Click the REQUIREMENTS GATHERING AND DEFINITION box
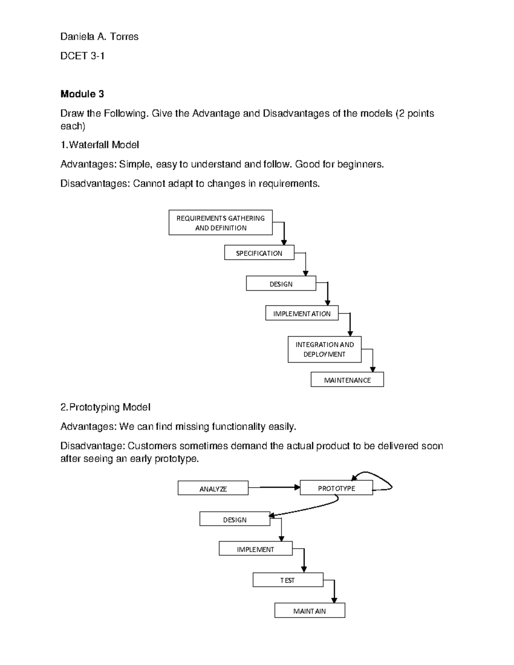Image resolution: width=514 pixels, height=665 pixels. pyautogui.click(x=221, y=223)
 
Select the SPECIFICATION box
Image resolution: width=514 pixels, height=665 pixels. pyautogui.click(x=259, y=253)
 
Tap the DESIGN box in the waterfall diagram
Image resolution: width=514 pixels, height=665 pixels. pyautogui.click(x=281, y=284)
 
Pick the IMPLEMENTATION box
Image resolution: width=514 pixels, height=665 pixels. pyautogui.click(x=302, y=313)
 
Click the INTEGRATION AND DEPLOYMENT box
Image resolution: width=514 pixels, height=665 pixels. pyautogui.click(x=324, y=349)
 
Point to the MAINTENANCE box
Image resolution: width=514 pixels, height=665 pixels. pyautogui.click(x=347, y=380)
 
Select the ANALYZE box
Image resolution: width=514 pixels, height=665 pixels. pyautogui.click(x=213, y=489)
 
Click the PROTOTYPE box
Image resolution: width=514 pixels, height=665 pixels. pyautogui.click(x=336, y=488)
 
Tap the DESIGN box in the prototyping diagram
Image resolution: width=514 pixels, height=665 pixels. pyautogui.click(x=235, y=519)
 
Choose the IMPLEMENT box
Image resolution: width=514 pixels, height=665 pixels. pyautogui.click(x=255, y=549)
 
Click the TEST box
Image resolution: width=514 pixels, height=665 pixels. pyautogui.click(x=287, y=580)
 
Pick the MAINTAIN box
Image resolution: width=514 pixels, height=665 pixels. pyautogui.click(x=309, y=611)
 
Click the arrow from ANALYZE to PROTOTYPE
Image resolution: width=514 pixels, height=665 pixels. pyautogui.click(x=274, y=487)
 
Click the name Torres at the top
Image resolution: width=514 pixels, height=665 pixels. pyautogui.click(x=124, y=37)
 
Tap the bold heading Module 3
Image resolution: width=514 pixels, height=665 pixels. pyautogui.click(x=82, y=94)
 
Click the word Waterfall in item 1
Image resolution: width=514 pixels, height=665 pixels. pyautogui.click(x=89, y=145)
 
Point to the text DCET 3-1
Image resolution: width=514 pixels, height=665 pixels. pyautogui.click(x=82, y=56)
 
